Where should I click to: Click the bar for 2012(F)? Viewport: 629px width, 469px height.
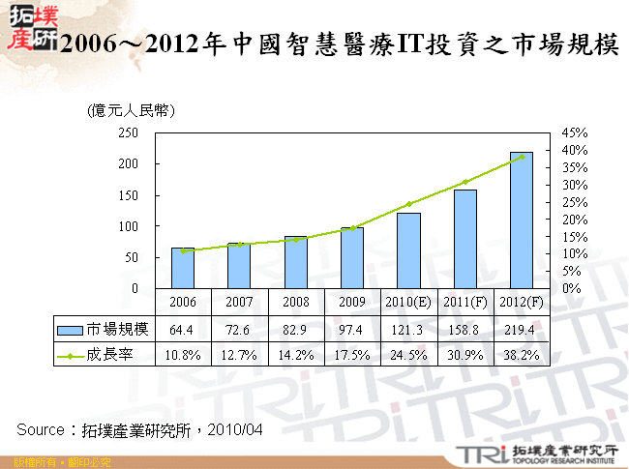(x=522, y=220)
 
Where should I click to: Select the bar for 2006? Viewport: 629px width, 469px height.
(x=183, y=268)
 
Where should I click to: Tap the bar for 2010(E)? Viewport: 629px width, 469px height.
(x=408, y=250)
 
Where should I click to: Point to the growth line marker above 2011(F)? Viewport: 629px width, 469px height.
(x=465, y=182)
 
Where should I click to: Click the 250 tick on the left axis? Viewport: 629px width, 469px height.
(x=128, y=132)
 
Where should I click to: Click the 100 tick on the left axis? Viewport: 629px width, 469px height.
(x=128, y=226)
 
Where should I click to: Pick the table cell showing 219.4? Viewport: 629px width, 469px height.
(x=522, y=330)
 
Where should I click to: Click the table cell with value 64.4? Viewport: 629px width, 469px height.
(x=183, y=330)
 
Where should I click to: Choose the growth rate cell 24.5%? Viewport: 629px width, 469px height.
(x=408, y=355)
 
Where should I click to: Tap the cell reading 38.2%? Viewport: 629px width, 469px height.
(x=522, y=355)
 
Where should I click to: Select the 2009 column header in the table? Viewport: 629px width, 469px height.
(x=352, y=302)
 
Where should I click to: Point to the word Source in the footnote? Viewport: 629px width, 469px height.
(x=44, y=428)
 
